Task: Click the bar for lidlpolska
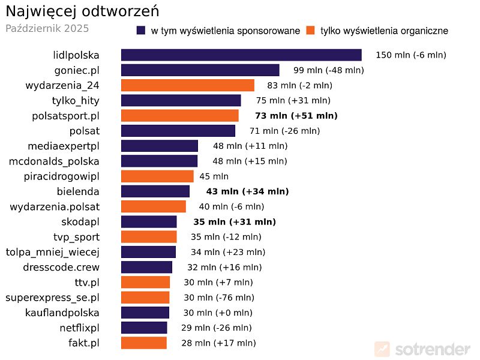point(241,55)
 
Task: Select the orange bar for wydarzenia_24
point(188,85)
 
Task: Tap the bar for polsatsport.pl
point(180,116)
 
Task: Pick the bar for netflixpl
point(144,328)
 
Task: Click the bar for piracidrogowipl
point(157,176)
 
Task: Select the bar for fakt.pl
point(144,343)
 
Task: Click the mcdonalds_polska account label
point(54,161)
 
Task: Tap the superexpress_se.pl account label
point(52,298)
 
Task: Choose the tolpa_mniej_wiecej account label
point(52,252)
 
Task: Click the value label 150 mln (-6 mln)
point(411,55)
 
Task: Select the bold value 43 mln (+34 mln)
point(247,191)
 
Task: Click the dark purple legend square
point(142,31)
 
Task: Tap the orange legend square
point(311,31)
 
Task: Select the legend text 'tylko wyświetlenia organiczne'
point(384,31)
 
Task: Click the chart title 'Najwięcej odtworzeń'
point(82,12)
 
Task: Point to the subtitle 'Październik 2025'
point(47,28)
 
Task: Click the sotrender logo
point(422,349)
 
